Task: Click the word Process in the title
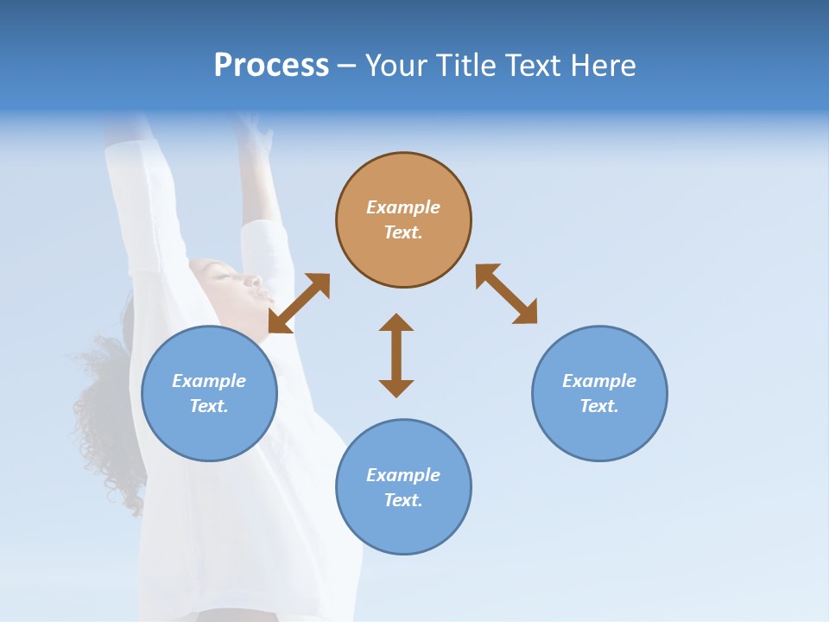271,66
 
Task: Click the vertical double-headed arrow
396,355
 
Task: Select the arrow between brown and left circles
299,303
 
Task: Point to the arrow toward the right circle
506,294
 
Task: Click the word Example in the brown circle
403,207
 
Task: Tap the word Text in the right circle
599,406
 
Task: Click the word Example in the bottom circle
403,475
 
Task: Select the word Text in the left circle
209,406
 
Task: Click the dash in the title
347,67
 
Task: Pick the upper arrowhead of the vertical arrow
396,323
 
